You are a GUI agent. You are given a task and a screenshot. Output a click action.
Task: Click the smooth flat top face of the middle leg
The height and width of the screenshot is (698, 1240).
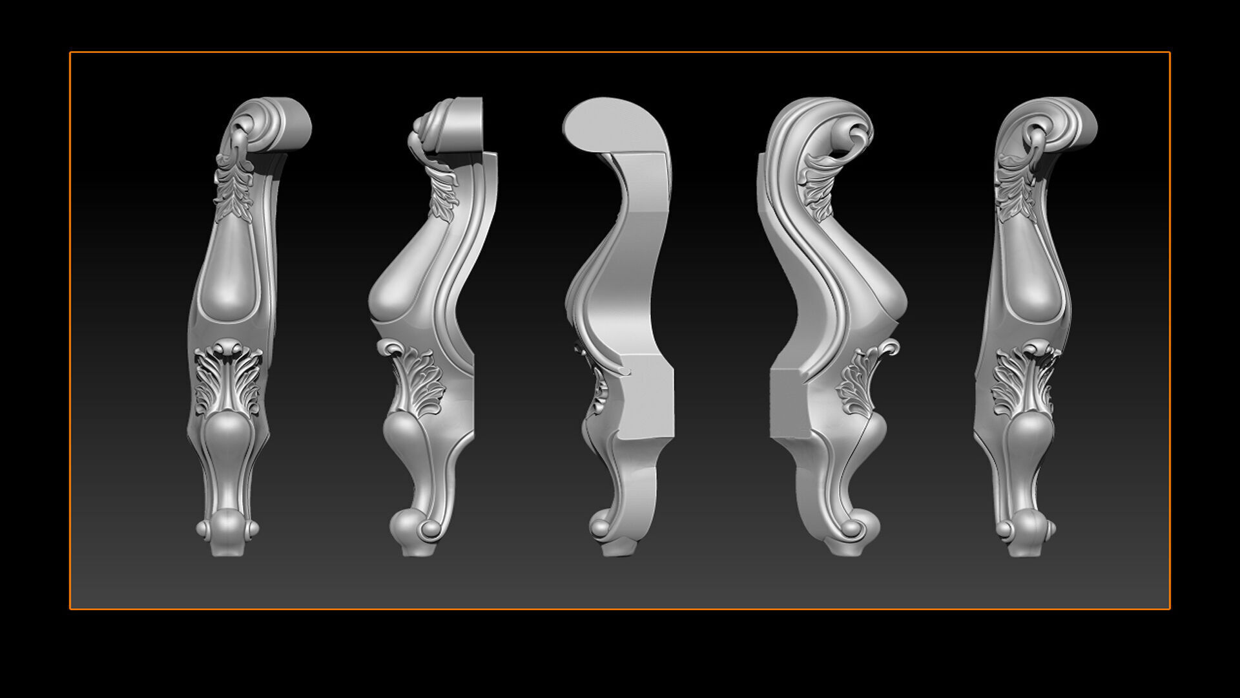(614, 126)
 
